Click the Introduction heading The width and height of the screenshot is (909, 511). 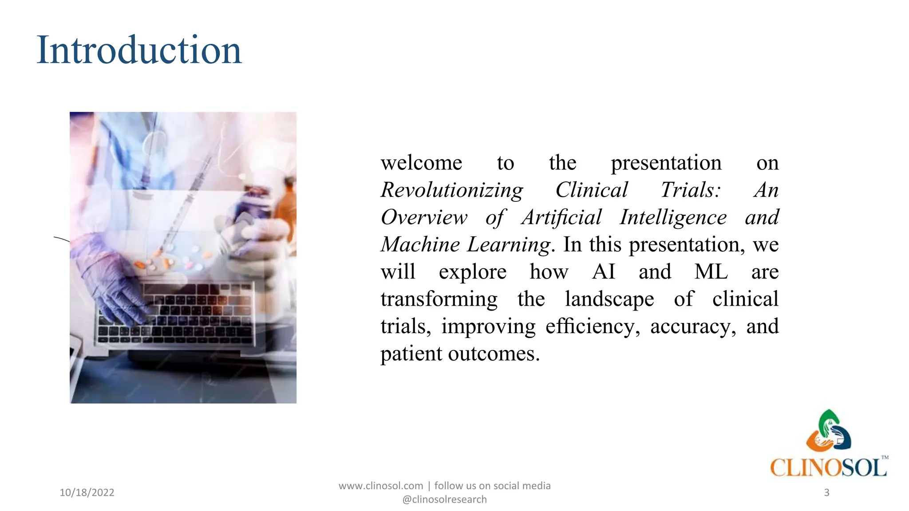pos(139,50)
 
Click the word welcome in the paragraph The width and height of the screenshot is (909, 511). pos(421,163)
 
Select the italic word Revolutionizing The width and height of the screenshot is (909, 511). pos(452,190)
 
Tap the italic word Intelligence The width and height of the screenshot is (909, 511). pos(673,217)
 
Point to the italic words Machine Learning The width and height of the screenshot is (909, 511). pos(466,245)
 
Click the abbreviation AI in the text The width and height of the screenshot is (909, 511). pos(604,271)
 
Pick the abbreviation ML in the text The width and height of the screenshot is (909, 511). pos(711,271)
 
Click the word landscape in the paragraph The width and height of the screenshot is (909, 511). pos(609,299)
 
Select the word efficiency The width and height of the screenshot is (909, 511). pos(593,327)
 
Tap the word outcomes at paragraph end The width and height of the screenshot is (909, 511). pos(494,354)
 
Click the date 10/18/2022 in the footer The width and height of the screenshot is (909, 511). pos(87,492)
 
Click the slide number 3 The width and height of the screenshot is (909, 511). pos(826,492)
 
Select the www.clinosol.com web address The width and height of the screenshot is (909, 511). pos(381,486)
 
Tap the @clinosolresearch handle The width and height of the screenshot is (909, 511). pos(444,499)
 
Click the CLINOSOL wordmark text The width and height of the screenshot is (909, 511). pos(828,468)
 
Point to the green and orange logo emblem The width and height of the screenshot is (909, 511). pos(828,430)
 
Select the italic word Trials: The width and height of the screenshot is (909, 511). pos(691,190)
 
